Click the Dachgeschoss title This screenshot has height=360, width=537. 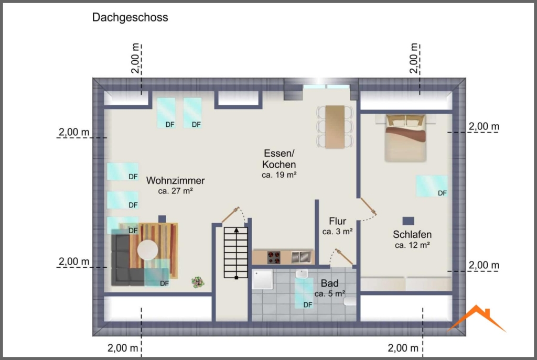[130, 17]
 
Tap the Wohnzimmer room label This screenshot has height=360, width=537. [175, 180]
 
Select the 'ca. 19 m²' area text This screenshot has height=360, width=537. [279, 175]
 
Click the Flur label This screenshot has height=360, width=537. [337, 221]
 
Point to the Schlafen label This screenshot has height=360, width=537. [412, 234]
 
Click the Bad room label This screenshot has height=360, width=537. [329, 283]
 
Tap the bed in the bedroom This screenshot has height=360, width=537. [405, 138]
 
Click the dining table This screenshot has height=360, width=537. [335, 127]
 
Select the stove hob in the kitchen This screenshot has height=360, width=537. [274, 257]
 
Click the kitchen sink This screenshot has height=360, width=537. [301, 257]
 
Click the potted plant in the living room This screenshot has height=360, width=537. [198, 282]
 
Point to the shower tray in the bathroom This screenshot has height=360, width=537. [262, 279]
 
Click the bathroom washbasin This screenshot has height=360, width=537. [302, 274]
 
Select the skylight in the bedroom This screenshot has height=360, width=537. [432, 186]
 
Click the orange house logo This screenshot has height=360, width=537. [477, 318]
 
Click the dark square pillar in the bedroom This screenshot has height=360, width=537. [408, 221]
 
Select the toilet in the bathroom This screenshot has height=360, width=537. [350, 301]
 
